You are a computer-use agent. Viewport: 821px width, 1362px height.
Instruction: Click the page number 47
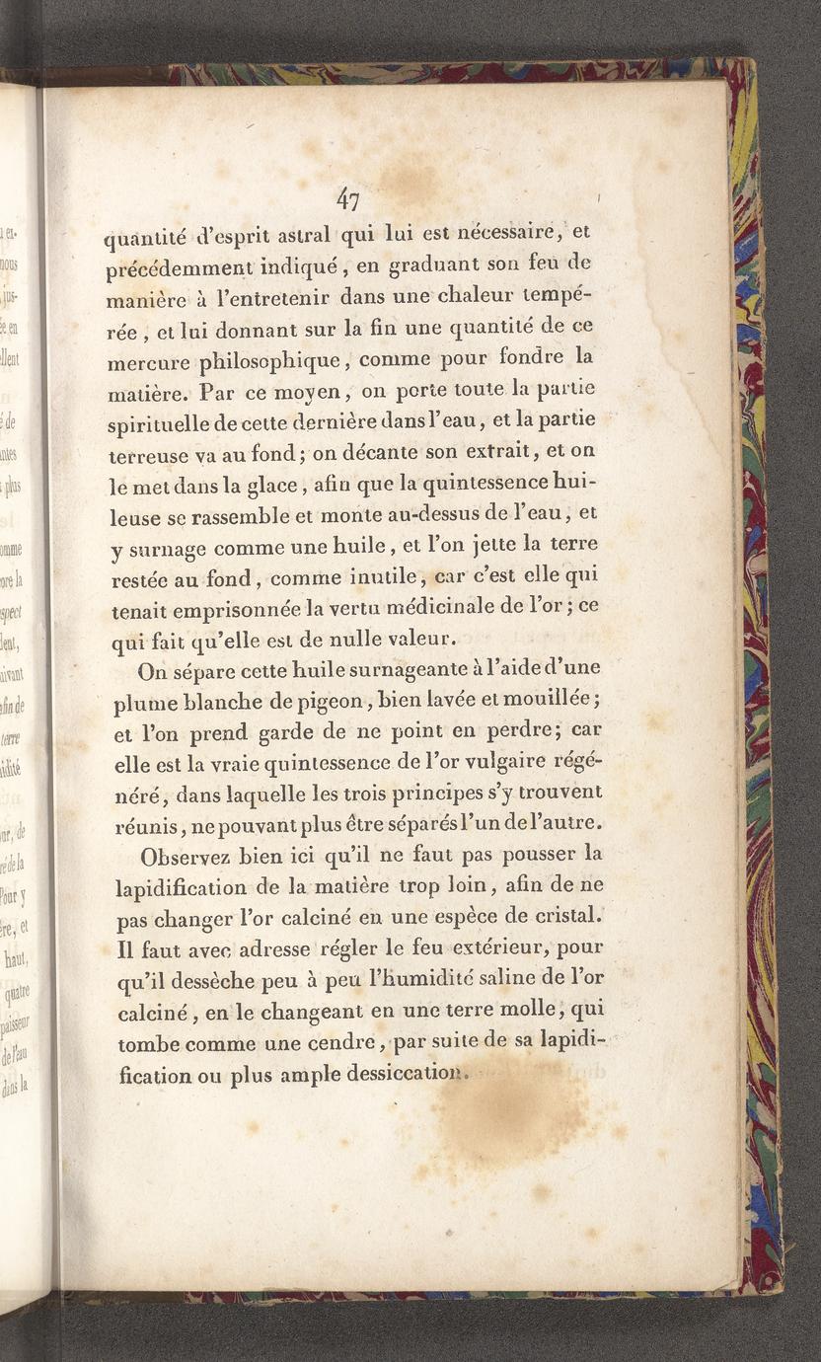tap(346, 200)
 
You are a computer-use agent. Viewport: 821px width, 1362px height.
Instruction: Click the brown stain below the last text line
tap(513, 1115)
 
